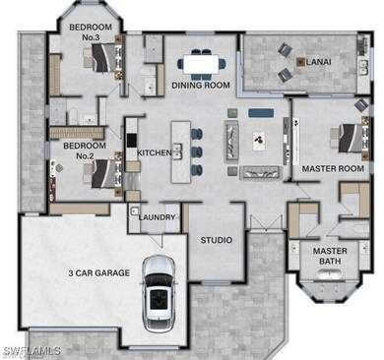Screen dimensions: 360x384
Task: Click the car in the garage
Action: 159,291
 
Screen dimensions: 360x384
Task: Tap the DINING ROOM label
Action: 201,86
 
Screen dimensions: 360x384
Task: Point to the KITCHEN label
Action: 154,152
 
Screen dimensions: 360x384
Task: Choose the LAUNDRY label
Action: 158,217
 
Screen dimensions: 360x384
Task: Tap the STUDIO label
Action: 216,240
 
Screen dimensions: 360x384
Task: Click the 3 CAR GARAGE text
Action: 98,272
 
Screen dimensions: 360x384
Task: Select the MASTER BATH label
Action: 330,256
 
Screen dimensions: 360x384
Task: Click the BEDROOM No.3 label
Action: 90,32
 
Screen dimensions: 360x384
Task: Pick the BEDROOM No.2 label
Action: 77,150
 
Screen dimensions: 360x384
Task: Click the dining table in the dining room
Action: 201,64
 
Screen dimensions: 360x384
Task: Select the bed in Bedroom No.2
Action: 99,173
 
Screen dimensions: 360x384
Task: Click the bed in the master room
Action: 351,140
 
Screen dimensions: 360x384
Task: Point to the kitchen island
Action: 180,150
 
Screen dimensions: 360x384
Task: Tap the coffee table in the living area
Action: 261,140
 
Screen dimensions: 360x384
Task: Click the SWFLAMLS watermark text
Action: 32,350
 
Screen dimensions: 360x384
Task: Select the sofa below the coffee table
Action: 261,173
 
